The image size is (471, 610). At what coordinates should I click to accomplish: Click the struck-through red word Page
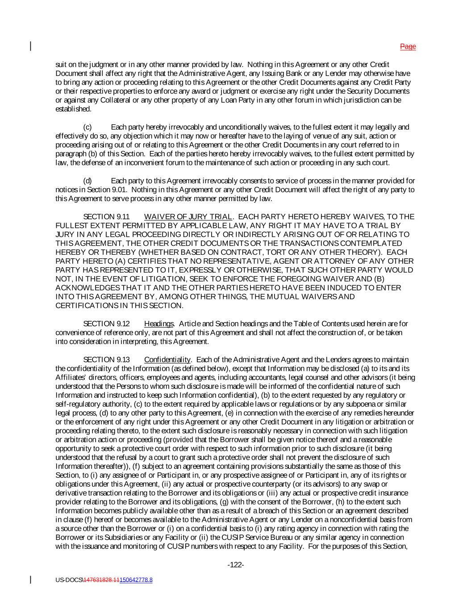408,46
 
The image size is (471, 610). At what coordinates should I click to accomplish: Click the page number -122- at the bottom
236,565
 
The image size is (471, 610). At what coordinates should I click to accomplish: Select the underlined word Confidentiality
167,360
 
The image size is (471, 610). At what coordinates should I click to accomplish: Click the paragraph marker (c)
88,127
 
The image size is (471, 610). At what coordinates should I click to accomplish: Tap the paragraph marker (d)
88,181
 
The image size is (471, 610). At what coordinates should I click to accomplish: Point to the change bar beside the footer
31,580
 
